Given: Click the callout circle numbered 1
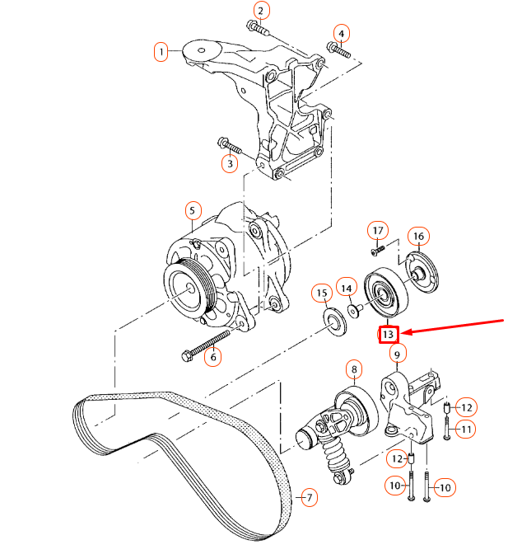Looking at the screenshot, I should click(x=162, y=52).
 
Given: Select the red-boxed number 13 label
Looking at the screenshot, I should click(x=388, y=334).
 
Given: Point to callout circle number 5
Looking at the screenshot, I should click(x=193, y=209).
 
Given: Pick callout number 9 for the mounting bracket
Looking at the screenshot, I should click(x=397, y=355).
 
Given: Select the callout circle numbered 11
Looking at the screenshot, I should click(x=466, y=428).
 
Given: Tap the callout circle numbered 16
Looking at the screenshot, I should click(x=418, y=237).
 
